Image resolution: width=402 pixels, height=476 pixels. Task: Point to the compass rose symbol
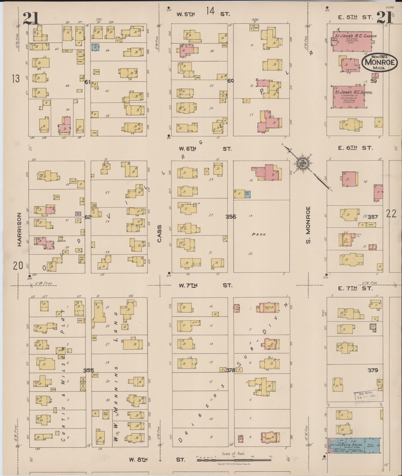pyautogui.click(x=302, y=163)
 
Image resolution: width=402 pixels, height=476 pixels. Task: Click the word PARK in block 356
pyautogui.click(x=259, y=234)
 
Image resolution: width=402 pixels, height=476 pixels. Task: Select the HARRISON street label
pyautogui.click(x=19, y=229)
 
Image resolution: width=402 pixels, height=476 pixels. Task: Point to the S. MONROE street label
pyautogui.click(x=308, y=225)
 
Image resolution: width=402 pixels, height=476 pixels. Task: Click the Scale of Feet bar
pyautogui.click(x=234, y=460)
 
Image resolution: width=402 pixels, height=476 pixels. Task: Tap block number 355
pyautogui.click(x=88, y=371)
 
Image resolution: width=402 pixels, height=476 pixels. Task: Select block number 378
pyautogui.click(x=230, y=371)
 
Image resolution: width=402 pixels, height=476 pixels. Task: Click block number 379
pyautogui.click(x=373, y=370)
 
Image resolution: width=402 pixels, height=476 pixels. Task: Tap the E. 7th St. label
pyautogui.click(x=355, y=289)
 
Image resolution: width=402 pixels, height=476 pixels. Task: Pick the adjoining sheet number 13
pyautogui.click(x=16, y=79)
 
